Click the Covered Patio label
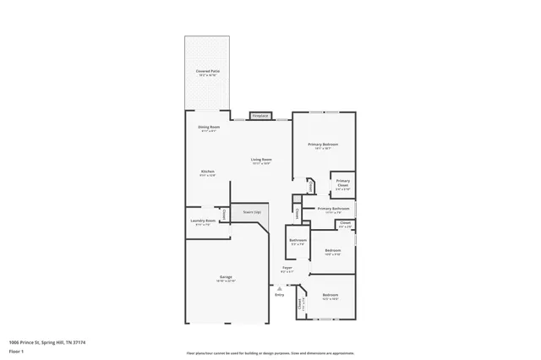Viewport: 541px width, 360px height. click(207, 73)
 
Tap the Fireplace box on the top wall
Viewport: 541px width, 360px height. click(260, 116)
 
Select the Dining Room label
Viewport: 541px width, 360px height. click(209, 128)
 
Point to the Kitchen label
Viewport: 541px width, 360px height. click(207, 172)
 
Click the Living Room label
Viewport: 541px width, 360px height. click(260, 161)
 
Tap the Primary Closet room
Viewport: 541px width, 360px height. click(342, 183)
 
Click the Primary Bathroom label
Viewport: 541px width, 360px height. click(333, 209)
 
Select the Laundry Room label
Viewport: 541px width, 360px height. click(204, 222)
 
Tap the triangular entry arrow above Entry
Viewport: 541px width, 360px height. click(280, 287)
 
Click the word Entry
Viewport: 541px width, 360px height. click(280, 294)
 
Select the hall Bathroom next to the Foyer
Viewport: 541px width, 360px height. click(298, 241)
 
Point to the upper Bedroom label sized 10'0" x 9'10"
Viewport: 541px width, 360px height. click(333, 251)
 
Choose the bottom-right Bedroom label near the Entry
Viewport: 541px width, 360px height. click(330, 296)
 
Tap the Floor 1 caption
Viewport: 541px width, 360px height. click(17, 351)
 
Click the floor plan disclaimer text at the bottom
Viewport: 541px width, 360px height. click(270, 352)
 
